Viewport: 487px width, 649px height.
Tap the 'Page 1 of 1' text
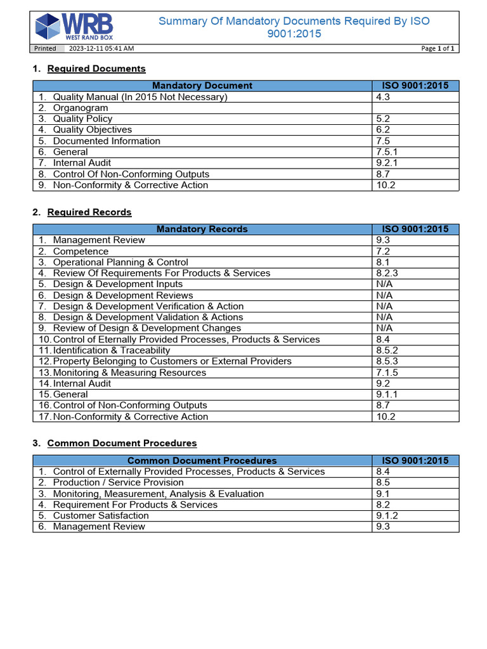438,48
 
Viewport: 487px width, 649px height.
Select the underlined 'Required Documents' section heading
96,68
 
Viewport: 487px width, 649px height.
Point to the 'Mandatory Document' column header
202,86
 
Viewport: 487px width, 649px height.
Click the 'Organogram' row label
81,108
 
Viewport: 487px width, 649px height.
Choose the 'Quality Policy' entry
82,119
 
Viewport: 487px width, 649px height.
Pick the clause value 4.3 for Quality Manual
383,97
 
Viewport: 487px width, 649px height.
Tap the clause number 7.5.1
386,152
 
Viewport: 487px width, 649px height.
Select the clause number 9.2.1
386,163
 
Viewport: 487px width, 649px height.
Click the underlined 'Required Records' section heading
89,212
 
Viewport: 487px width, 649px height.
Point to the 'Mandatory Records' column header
202,229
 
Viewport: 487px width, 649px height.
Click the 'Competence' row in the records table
81,251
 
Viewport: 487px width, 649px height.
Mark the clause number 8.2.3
386,273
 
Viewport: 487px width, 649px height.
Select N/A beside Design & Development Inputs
384,284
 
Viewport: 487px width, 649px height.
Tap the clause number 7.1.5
386,372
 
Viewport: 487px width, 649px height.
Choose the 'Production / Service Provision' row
119,482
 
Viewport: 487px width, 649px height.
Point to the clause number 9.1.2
386,515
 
